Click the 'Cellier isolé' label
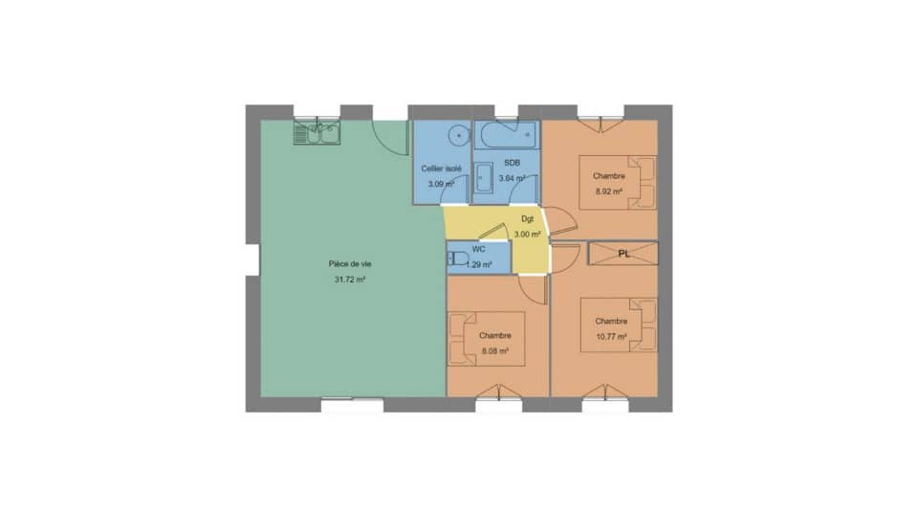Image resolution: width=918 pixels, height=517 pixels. coord(442,169)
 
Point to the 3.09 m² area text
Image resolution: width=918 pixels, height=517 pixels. coord(441,183)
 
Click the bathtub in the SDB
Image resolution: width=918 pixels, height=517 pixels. coord(508,135)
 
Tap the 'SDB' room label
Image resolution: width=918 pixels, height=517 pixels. coord(512,163)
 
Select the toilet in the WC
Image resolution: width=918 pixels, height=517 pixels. coord(458,258)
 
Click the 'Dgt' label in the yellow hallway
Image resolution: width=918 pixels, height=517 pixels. coord(528,219)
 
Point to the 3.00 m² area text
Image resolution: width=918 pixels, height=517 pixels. coord(528,234)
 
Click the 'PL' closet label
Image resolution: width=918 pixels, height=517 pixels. coord(623,254)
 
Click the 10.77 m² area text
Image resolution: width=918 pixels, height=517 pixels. coord(611,336)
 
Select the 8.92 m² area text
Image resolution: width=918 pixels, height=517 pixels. coord(609,191)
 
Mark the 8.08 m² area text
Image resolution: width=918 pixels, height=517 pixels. coord(494,351)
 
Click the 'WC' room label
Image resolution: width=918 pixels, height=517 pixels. coord(478,248)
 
